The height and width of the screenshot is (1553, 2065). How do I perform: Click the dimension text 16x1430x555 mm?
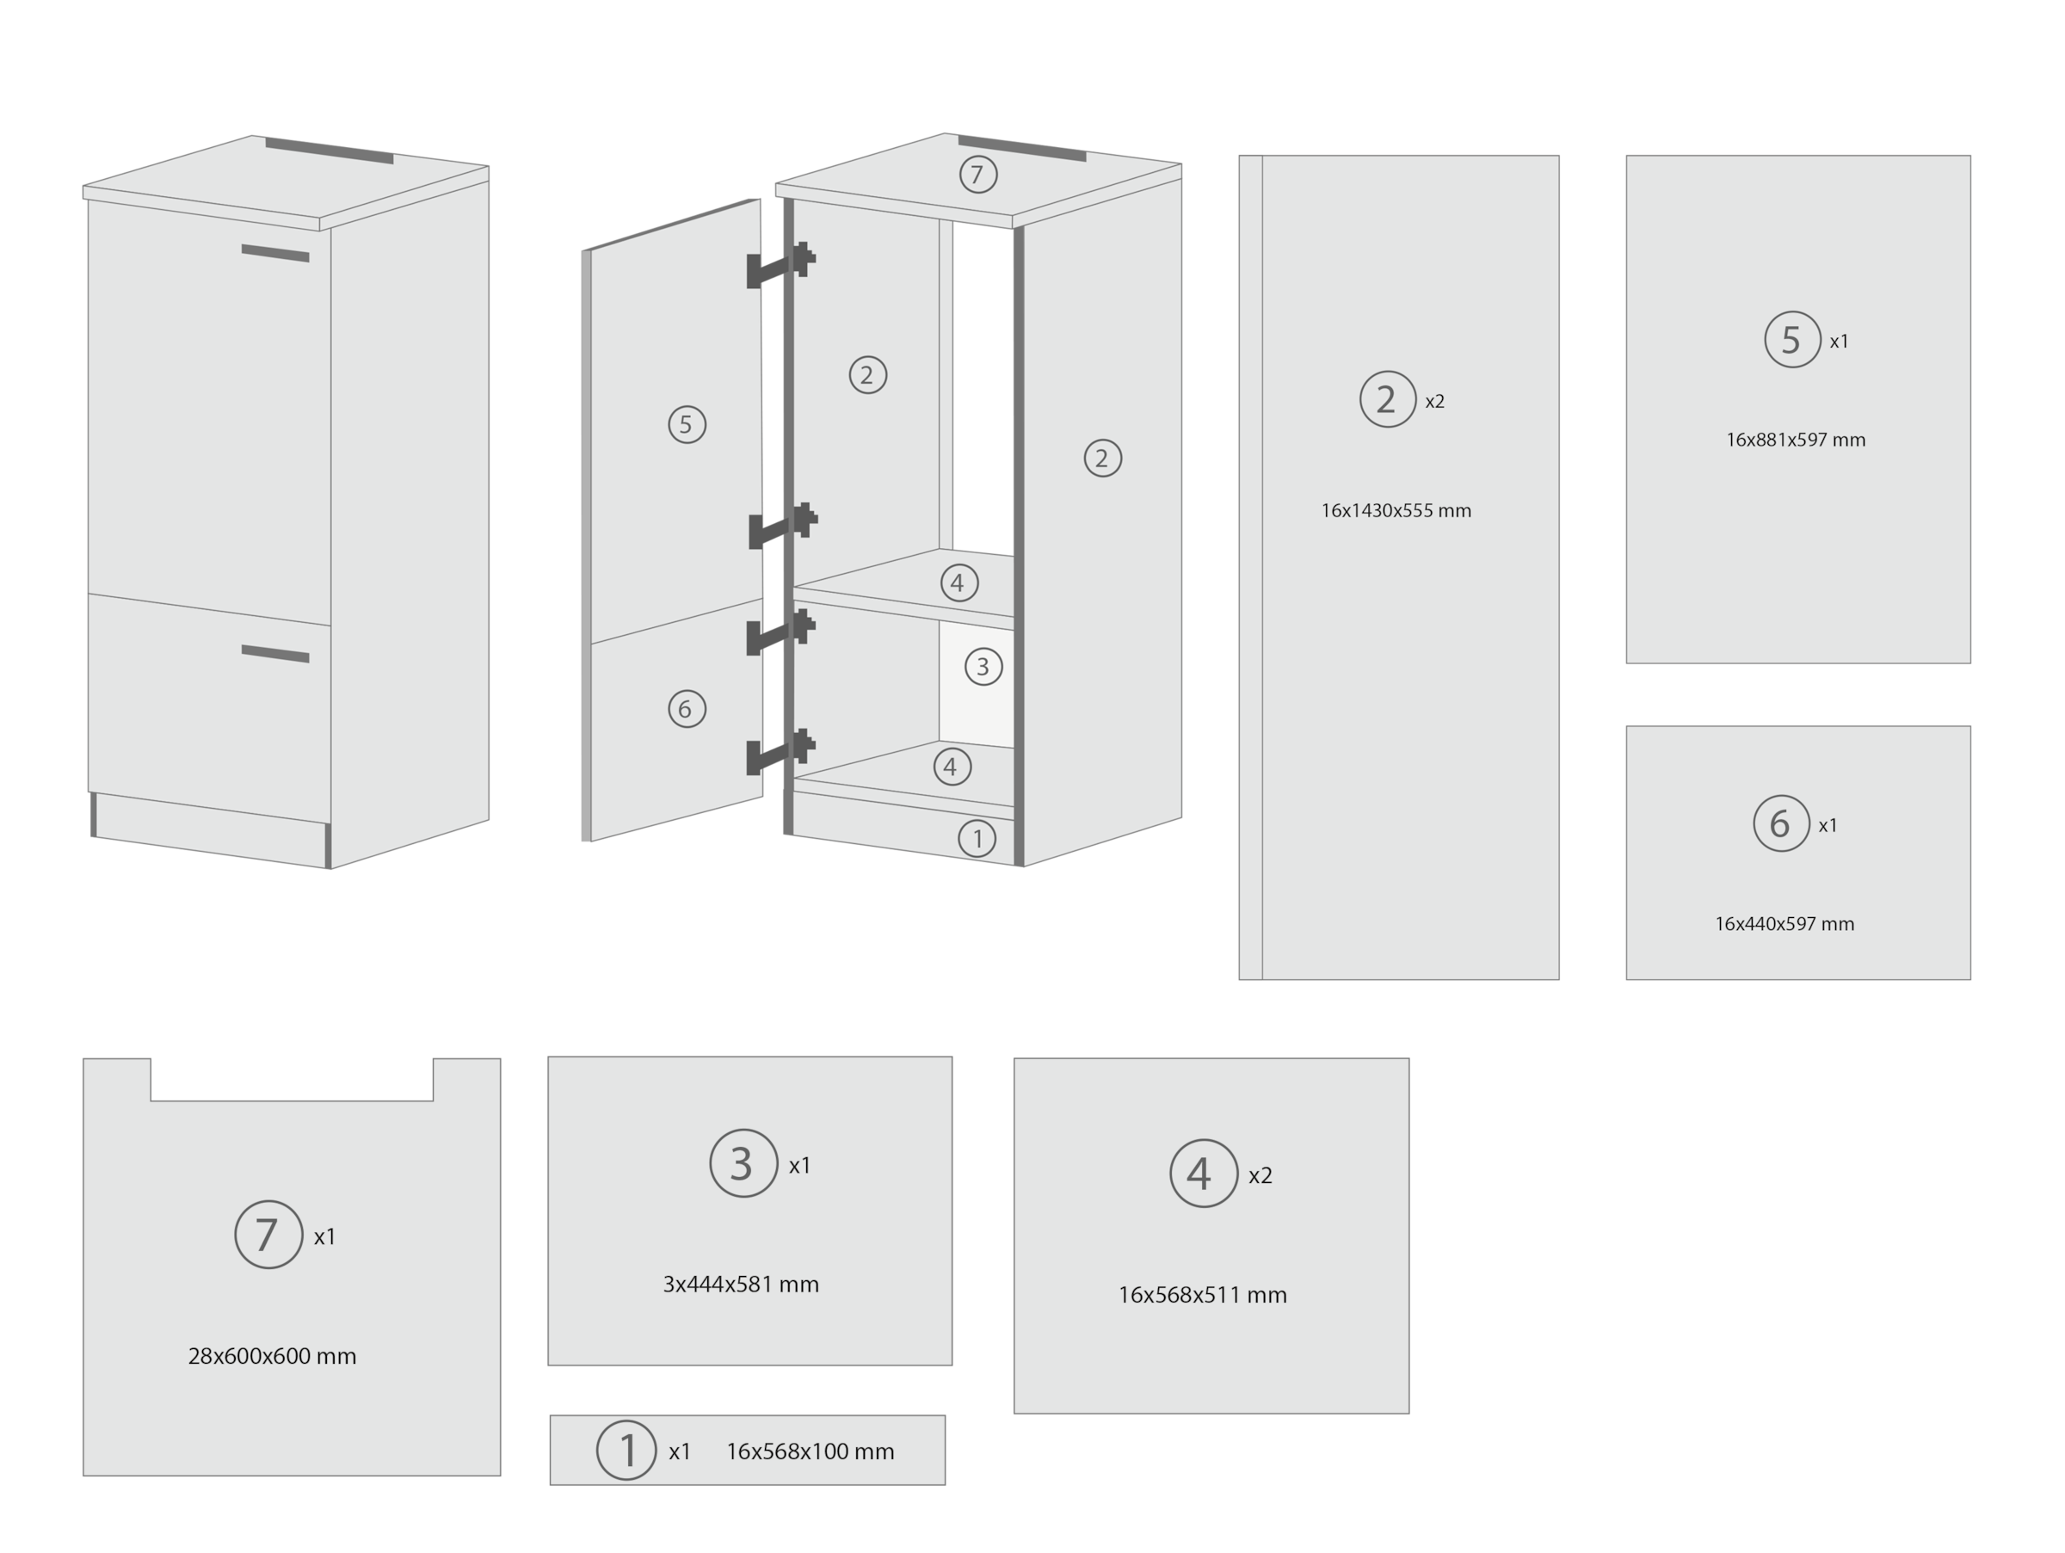[x=1396, y=510]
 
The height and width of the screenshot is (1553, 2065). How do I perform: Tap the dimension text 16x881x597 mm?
[x=1795, y=440]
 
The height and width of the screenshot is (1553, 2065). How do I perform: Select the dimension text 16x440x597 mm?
[x=1784, y=924]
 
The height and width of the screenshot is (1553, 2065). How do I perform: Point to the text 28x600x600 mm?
[x=272, y=1356]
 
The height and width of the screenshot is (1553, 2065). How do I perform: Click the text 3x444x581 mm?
[x=740, y=1285]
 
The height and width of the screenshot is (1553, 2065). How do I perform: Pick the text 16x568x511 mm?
[x=1202, y=1295]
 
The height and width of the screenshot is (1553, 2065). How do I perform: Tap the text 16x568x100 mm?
[x=810, y=1451]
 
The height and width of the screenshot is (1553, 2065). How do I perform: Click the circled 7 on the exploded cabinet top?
[x=977, y=175]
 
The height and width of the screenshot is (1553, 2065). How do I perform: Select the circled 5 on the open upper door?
[x=686, y=425]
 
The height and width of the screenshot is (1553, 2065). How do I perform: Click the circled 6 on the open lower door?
[x=686, y=709]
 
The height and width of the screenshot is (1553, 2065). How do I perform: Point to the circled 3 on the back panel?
[x=982, y=667]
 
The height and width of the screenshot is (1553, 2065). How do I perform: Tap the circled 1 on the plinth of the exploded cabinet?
[x=977, y=839]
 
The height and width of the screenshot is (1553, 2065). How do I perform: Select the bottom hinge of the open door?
[x=780, y=752]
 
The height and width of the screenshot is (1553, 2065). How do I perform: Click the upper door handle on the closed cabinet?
[x=275, y=253]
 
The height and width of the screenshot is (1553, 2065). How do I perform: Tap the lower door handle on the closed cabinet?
[x=275, y=653]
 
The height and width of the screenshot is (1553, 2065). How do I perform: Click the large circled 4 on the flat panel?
[x=1202, y=1174]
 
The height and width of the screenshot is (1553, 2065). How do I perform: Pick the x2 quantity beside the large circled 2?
[x=1435, y=401]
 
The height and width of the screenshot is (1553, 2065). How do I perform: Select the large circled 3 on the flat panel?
[x=743, y=1163]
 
